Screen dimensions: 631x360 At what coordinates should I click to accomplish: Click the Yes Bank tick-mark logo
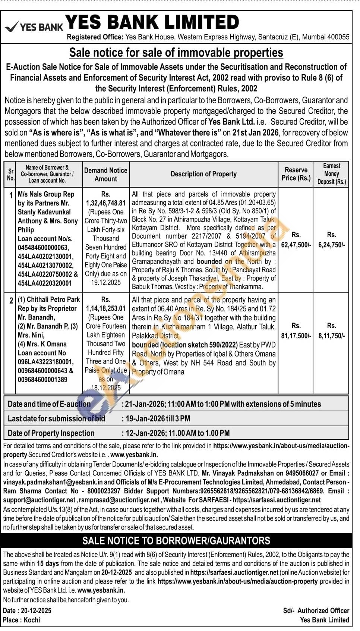(12, 26)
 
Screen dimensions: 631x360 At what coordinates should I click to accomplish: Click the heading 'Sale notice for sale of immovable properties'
(176, 53)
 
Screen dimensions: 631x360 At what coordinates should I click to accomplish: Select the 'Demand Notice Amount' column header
(105, 175)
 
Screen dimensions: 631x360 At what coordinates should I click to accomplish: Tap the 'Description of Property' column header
(203, 174)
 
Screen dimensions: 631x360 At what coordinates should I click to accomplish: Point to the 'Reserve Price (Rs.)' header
(296, 174)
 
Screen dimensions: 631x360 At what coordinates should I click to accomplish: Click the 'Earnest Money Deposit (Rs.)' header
(331, 174)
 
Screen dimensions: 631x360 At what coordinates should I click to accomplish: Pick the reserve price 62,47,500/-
(296, 245)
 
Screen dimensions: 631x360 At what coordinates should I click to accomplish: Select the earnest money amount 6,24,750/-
(331, 245)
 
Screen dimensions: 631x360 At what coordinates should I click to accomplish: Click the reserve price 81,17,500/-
(296, 336)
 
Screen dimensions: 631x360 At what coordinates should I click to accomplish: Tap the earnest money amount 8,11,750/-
(331, 336)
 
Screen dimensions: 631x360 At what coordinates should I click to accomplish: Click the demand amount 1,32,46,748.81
(106, 203)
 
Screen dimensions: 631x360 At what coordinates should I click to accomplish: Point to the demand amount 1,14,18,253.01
(106, 308)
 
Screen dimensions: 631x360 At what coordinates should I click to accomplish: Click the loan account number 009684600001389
(42, 380)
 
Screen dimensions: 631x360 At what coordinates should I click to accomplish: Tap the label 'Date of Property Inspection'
(51, 433)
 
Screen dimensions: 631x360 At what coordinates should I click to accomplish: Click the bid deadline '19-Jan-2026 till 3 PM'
(158, 418)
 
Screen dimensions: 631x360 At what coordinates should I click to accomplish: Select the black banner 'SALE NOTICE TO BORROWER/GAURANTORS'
(176, 541)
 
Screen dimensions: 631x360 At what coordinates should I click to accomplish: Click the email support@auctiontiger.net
(40, 500)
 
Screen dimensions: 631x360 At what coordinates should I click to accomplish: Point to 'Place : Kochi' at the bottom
(21, 620)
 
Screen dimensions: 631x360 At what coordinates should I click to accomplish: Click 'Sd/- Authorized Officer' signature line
(316, 610)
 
